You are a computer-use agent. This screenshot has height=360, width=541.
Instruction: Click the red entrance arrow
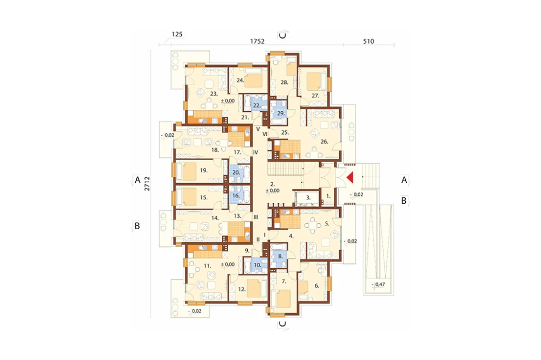point(350,178)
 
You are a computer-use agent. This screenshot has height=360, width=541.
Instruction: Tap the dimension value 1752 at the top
point(257,42)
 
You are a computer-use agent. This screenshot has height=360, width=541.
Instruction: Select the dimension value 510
point(368,42)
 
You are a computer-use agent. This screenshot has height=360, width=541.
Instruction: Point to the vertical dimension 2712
point(147,183)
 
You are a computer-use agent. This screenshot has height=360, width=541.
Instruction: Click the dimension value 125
point(177,34)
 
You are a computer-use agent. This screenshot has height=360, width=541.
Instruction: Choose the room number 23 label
point(214,94)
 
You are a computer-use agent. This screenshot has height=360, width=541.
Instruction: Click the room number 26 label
point(324,142)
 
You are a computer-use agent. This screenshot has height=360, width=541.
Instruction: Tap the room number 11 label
point(207,265)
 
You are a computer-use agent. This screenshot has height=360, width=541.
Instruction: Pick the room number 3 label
point(308,198)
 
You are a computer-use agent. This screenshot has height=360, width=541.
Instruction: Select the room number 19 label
point(203,170)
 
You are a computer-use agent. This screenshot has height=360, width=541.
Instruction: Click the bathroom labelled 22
point(256,105)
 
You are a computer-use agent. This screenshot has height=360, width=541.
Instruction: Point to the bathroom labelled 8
point(280,256)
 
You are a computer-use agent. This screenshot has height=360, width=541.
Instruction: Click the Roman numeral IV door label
point(256,152)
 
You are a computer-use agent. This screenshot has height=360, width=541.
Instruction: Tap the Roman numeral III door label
point(256,217)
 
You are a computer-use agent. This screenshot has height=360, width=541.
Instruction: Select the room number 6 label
point(316,285)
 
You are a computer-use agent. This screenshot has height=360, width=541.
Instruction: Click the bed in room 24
point(255,81)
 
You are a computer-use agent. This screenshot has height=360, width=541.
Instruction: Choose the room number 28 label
point(285,82)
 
